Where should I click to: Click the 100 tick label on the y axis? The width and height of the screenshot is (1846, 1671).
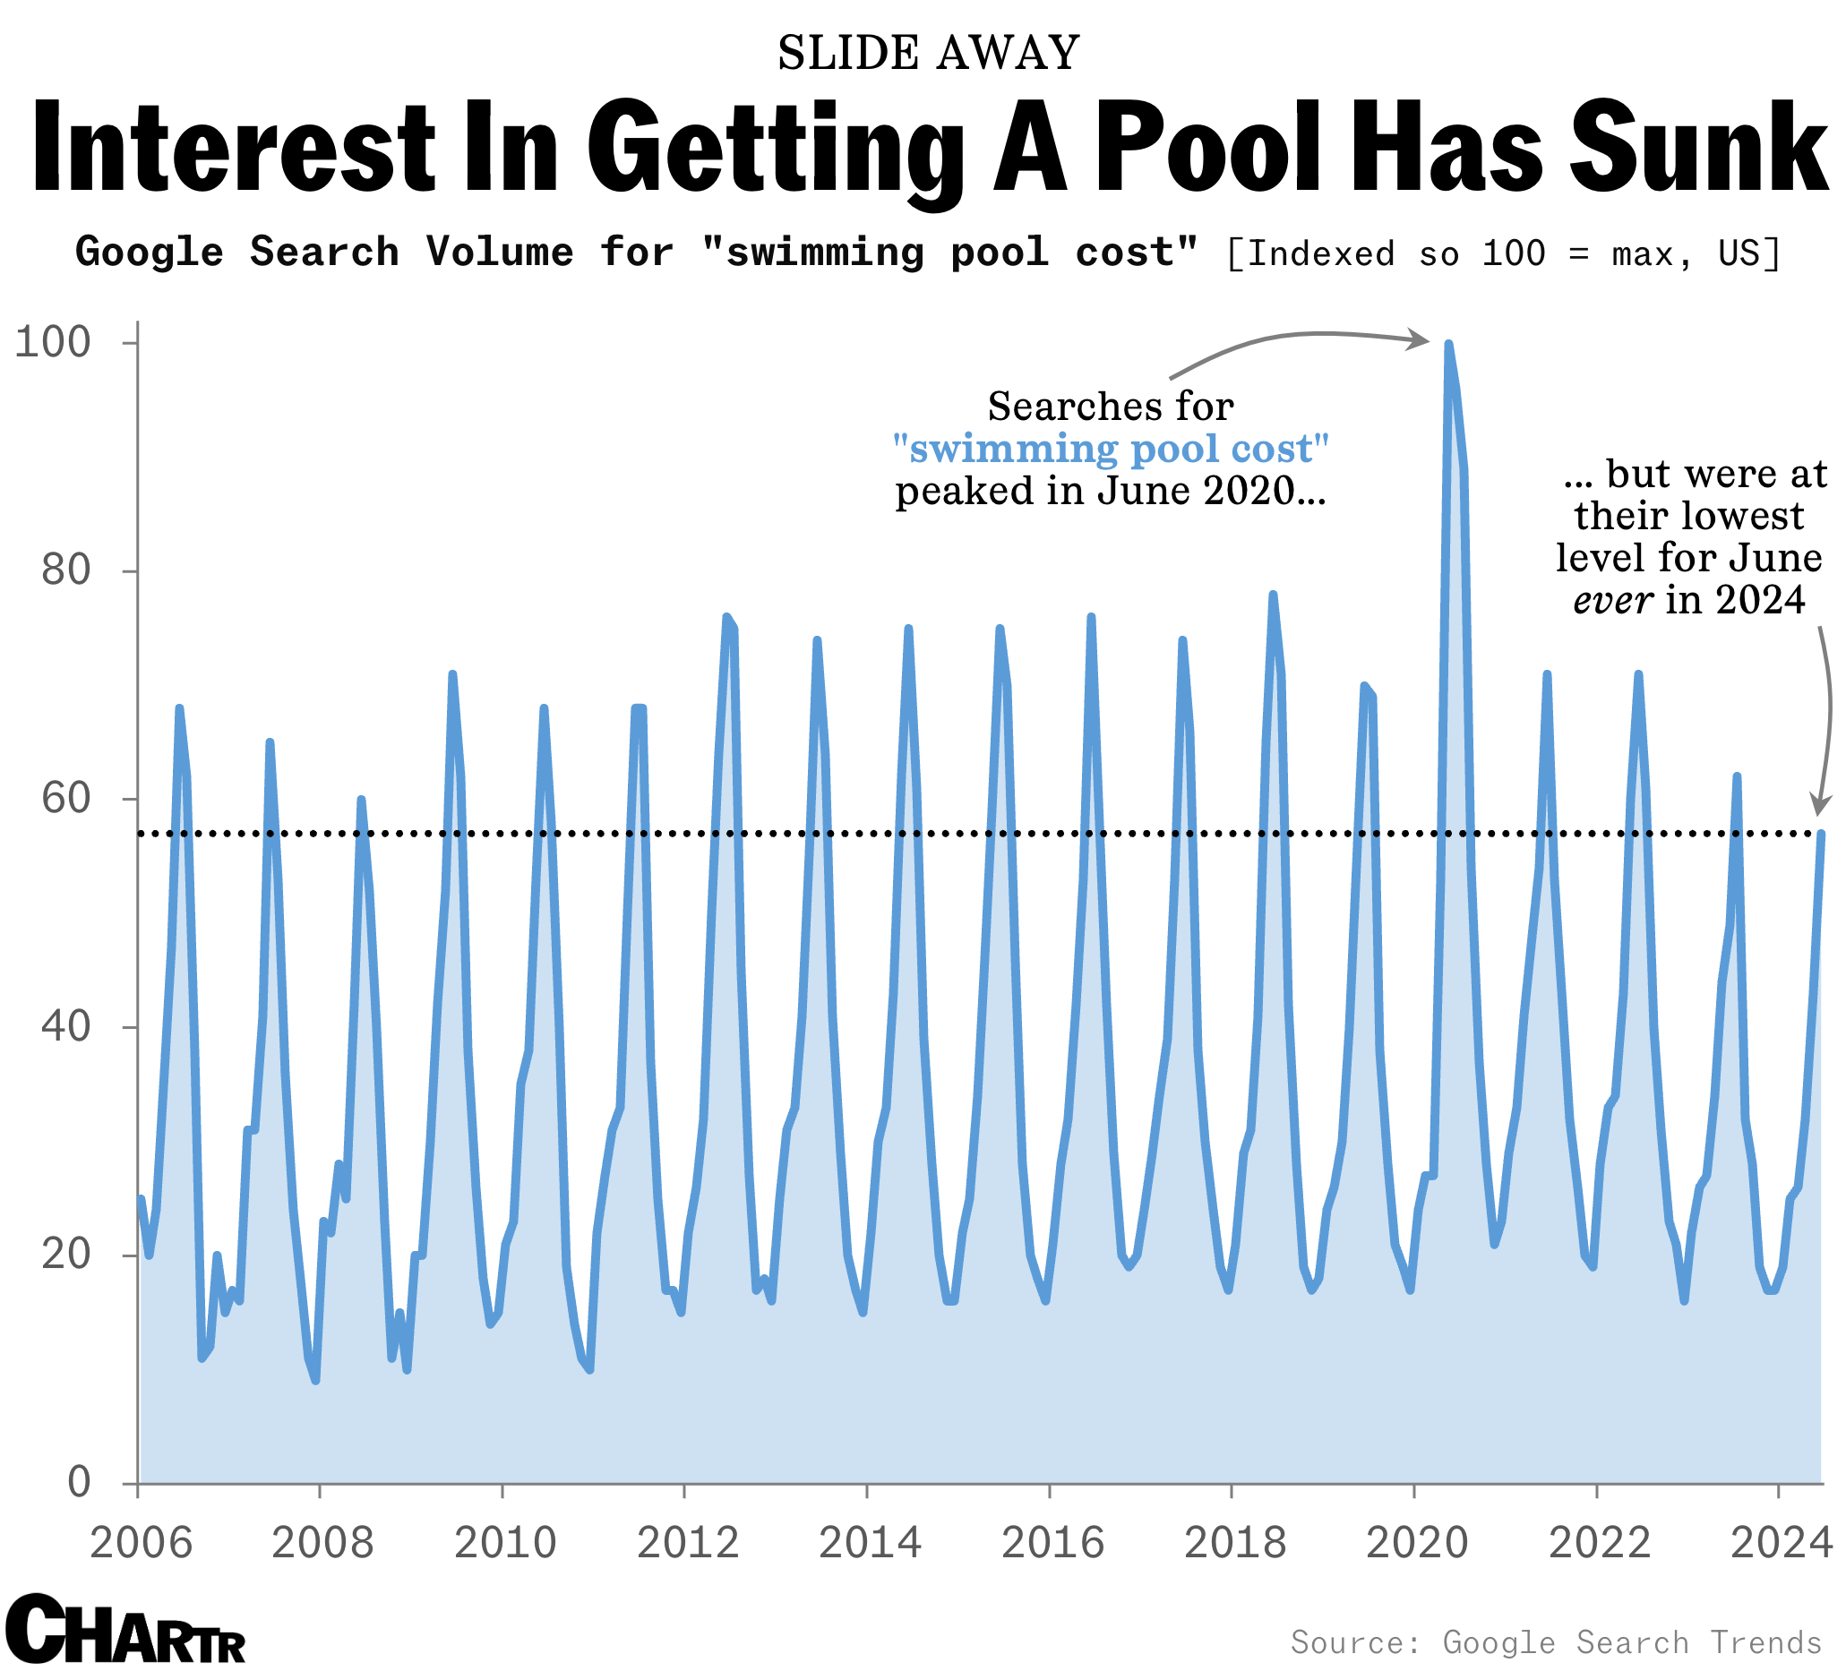pyautogui.click(x=53, y=343)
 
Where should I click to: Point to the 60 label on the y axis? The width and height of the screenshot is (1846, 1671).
pyautogui.click(x=66, y=800)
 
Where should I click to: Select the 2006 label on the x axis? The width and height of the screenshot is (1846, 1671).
pyautogui.click(x=140, y=1544)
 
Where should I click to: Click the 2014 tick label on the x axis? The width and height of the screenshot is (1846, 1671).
pyautogui.click(x=869, y=1544)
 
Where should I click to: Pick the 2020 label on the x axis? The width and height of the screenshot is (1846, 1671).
pyautogui.click(x=1417, y=1544)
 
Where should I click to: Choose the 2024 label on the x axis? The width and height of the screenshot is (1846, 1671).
pyautogui.click(x=1781, y=1544)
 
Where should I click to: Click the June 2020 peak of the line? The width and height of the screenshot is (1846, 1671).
pyautogui.click(x=1448, y=344)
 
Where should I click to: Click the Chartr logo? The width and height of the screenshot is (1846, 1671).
pyautogui.click(x=125, y=1632)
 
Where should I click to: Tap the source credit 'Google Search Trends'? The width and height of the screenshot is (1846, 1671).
pyautogui.click(x=1632, y=1643)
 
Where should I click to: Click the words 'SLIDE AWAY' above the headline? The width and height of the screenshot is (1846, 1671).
pyautogui.click(x=929, y=53)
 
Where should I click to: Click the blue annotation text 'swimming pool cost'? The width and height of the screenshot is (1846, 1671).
pyautogui.click(x=1111, y=450)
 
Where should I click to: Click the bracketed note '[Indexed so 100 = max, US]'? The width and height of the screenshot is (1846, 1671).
pyautogui.click(x=1504, y=253)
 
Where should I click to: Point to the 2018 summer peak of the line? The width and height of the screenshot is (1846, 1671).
pyautogui.click(x=1273, y=596)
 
